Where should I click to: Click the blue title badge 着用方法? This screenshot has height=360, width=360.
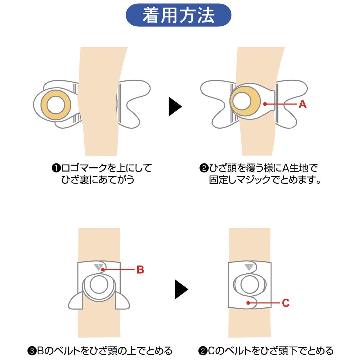click(178, 15)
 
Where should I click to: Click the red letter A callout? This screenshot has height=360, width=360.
click(302, 104)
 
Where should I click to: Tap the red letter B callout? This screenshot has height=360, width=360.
click(140, 270)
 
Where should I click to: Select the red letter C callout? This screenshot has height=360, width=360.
click(285, 303)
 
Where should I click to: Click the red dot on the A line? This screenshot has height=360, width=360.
click(265, 104)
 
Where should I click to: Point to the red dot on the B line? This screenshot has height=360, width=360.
click(103, 269)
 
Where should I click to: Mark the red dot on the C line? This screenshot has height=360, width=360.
click(248, 303)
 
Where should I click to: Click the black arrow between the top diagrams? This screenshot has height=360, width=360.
click(175, 106)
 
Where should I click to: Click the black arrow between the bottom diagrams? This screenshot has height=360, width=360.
click(181, 289)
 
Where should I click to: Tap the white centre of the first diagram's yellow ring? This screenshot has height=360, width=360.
click(56, 105)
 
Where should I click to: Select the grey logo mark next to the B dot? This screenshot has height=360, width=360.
click(98, 267)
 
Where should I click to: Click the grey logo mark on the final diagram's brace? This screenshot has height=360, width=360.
click(249, 267)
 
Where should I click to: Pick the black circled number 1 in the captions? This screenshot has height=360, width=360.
click(56, 168)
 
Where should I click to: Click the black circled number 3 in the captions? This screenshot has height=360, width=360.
click(31, 351)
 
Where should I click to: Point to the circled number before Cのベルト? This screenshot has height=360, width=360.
click(203, 351)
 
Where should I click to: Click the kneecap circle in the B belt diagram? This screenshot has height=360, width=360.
click(99, 285)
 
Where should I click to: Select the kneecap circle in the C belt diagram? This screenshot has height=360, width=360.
click(250, 285)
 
